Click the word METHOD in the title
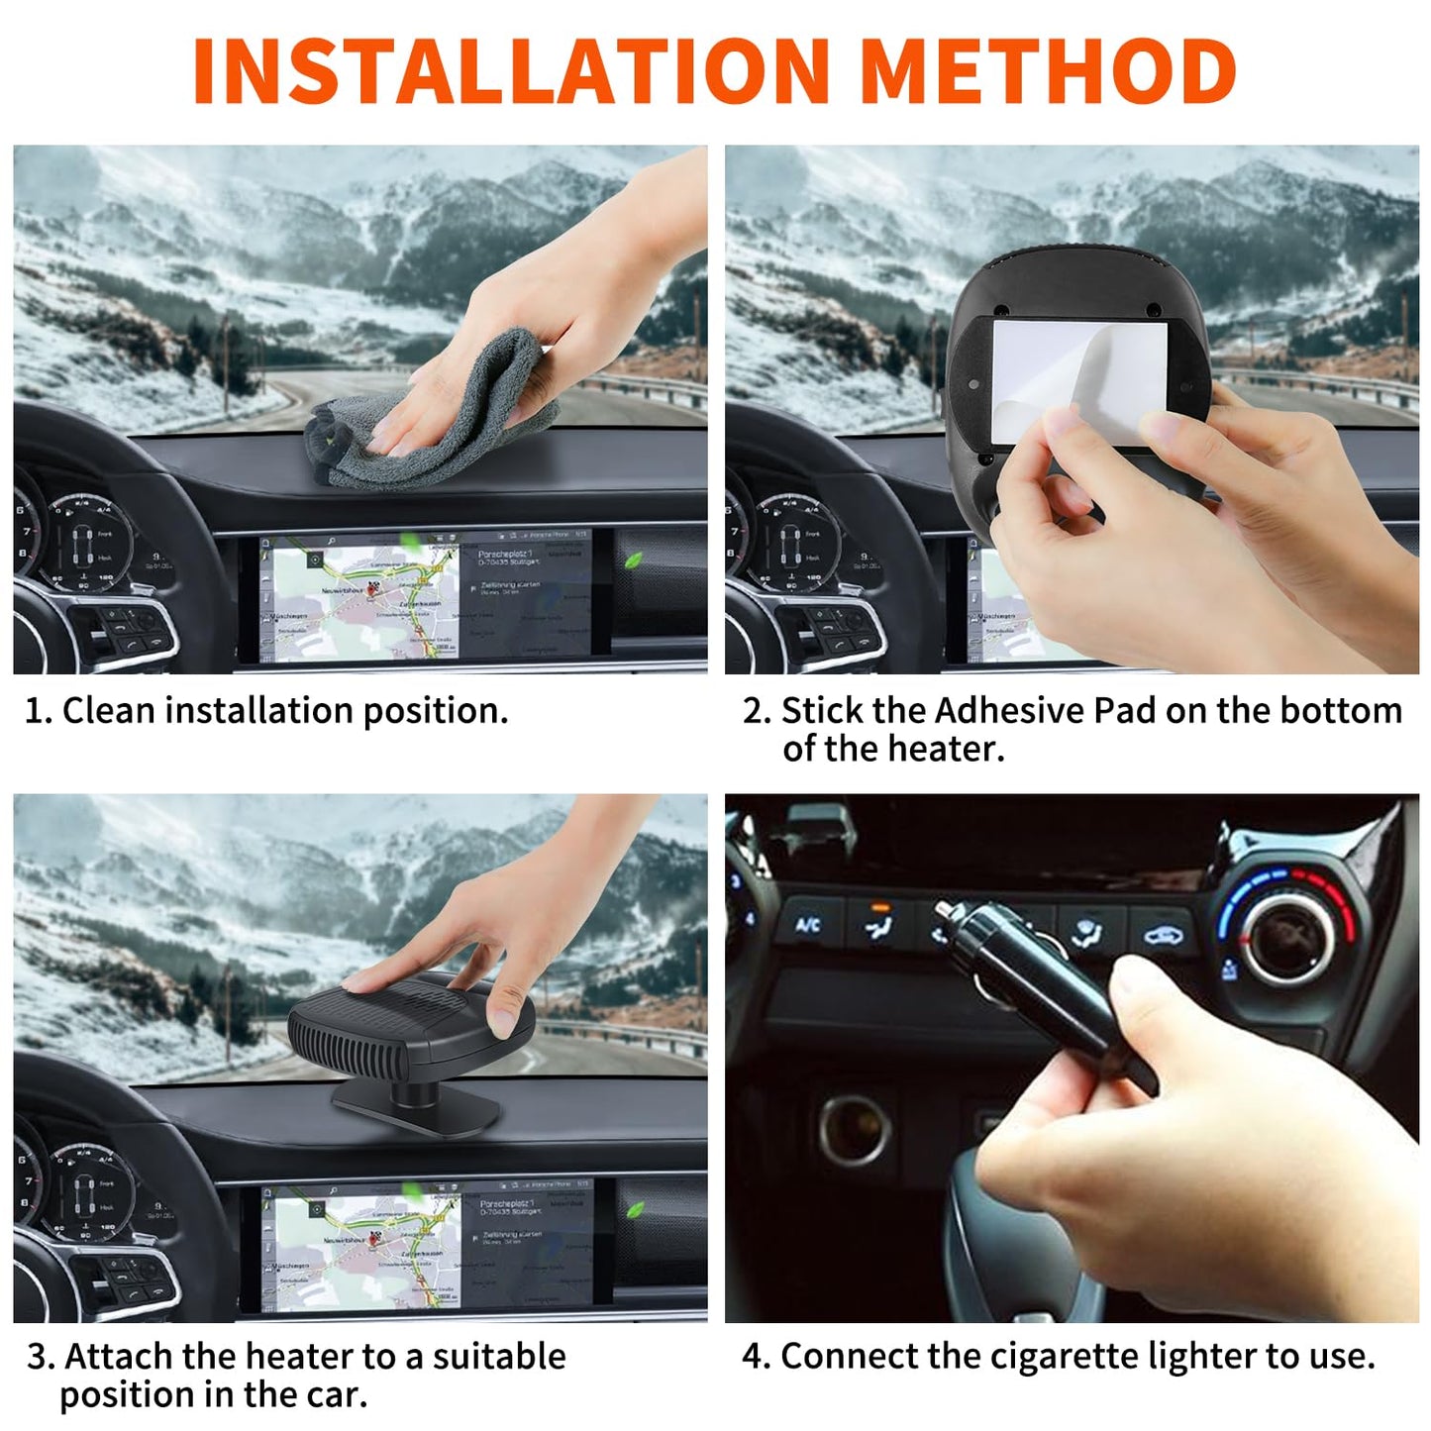[1048, 71]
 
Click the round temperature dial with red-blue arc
[1287, 931]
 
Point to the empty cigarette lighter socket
[854, 1129]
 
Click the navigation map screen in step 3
[426, 1248]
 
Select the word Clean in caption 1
[108, 711]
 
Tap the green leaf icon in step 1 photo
[631, 561]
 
